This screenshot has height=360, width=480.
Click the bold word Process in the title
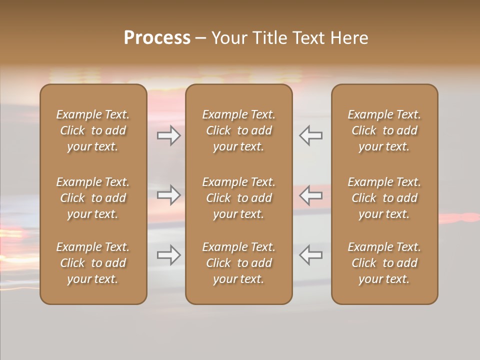(x=157, y=38)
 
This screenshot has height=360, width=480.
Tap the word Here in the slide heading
(x=349, y=38)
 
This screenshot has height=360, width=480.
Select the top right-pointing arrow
(x=169, y=135)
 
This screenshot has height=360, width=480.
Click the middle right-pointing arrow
(x=169, y=195)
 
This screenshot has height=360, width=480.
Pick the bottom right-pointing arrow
(x=169, y=255)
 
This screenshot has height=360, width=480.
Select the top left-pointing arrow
(x=311, y=135)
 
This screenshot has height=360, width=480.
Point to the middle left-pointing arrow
(x=311, y=195)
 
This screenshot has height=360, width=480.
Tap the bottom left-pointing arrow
(x=311, y=255)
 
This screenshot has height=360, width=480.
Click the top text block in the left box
(x=93, y=130)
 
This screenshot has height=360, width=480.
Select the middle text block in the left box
(x=93, y=198)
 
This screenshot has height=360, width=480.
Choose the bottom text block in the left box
(x=93, y=263)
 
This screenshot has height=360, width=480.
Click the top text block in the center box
(x=239, y=130)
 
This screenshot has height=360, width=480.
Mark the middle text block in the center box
(x=239, y=198)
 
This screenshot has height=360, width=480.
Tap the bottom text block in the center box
(x=239, y=263)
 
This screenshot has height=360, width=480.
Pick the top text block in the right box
(x=384, y=130)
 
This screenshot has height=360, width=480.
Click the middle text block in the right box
(x=384, y=198)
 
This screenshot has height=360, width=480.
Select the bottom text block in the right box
(x=384, y=263)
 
